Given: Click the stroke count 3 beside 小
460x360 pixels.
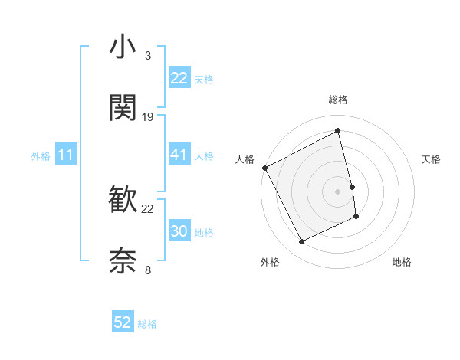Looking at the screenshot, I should click(147, 56).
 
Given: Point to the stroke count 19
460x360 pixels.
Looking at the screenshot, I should click(148, 116).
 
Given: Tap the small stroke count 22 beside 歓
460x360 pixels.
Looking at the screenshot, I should click(148, 208).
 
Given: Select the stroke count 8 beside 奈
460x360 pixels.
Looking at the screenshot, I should click(147, 269).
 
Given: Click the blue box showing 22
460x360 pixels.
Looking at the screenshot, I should click(179, 78).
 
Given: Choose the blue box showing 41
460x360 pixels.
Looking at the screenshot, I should click(179, 155).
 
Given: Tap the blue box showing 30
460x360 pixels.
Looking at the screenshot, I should click(179, 231).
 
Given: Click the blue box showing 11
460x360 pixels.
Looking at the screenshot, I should click(66, 155).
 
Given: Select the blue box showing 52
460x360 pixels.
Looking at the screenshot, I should click(123, 322).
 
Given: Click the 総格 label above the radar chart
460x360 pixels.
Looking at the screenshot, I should click(338, 100).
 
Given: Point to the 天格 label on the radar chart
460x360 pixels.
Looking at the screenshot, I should click(432, 159).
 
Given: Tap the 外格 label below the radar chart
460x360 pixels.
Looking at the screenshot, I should click(270, 263).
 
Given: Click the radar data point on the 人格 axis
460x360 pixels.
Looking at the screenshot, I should click(264, 167).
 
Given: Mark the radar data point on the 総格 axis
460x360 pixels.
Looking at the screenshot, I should click(338, 132).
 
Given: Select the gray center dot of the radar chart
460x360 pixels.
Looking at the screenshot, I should click(338, 191).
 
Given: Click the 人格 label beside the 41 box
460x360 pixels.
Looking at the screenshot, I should click(204, 155).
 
